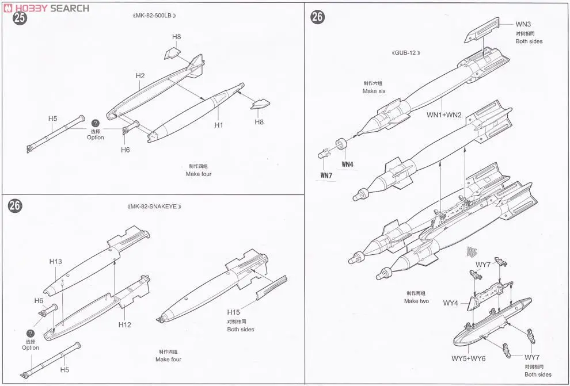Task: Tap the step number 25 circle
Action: (x=20, y=18)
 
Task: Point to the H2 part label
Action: (x=140, y=75)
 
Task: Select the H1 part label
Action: (x=219, y=125)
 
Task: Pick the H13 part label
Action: (x=55, y=261)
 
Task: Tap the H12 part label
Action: (x=124, y=324)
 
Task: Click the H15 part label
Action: (x=233, y=312)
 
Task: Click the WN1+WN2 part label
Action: (x=444, y=115)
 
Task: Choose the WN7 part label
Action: (x=326, y=175)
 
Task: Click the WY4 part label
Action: (x=450, y=303)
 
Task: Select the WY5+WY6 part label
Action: (x=469, y=358)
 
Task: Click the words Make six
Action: (x=374, y=91)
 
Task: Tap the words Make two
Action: (x=416, y=301)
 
